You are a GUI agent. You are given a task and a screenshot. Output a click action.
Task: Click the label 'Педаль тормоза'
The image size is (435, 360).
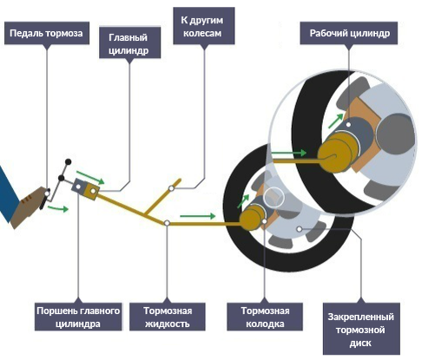47,33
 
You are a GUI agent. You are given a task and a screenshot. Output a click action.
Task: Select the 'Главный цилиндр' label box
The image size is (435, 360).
129,43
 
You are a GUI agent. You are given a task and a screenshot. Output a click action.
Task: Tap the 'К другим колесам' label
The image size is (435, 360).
204,26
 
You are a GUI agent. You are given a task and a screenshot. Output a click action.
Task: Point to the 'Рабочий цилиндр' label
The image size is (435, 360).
349,33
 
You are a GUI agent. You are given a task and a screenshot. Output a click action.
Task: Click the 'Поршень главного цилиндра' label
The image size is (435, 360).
78,317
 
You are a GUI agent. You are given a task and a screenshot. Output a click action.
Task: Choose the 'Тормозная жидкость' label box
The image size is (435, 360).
168,317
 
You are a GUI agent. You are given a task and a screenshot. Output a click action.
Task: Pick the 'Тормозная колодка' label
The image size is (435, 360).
265,317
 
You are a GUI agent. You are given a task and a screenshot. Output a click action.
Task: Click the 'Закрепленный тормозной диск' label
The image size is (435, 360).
361,329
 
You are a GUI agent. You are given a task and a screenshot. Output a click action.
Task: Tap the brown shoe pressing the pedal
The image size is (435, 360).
28,206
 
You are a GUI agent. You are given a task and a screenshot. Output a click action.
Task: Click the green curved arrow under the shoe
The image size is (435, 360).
58,208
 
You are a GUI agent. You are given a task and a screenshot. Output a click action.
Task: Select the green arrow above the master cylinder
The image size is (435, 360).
89,177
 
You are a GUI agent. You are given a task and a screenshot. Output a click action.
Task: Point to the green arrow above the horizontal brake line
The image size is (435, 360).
198,216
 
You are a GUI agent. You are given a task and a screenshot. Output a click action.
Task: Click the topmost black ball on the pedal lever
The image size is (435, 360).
68,162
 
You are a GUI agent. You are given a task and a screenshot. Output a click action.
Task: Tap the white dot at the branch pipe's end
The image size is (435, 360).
171,188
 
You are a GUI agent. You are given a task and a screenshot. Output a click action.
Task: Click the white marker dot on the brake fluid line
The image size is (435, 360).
167,223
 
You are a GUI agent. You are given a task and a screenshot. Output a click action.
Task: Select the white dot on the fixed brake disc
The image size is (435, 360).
300,229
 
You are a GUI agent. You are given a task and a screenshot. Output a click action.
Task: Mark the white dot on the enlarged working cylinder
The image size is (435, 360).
349,125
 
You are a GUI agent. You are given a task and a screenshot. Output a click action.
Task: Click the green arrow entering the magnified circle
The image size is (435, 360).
289,153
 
